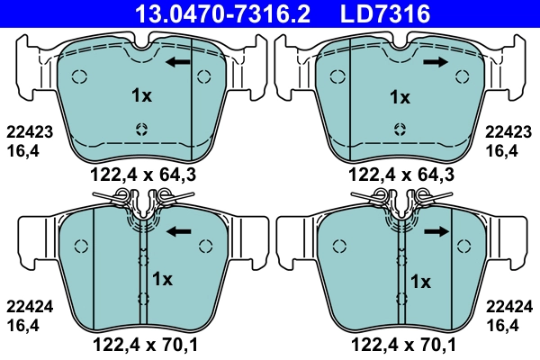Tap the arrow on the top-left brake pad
[x=178, y=62]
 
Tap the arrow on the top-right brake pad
[x=436, y=62]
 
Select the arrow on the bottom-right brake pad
[x=436, y=231]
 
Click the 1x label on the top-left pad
[x=141, y=95]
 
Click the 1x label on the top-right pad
[x=399, y=95]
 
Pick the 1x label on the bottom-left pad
[x=162, y=278]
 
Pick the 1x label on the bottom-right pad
[x=420, y=282]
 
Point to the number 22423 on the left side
[x=29, y=130]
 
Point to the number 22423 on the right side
[x=509, y=130]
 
